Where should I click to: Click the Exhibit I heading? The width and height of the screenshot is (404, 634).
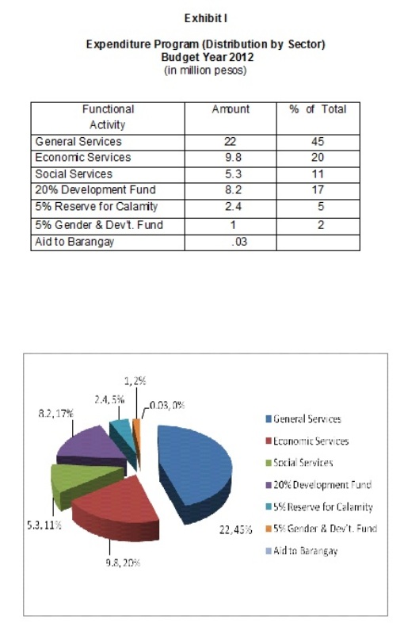tap(206, 18)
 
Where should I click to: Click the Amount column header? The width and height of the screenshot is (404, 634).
tap(231, 109)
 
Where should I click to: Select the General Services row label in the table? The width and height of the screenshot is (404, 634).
tap(78, 142)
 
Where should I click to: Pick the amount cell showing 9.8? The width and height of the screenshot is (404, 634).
tap(233, 157)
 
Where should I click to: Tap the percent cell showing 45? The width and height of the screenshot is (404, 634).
tap(318, 142)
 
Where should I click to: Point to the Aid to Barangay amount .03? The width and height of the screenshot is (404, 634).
tap(239, 242)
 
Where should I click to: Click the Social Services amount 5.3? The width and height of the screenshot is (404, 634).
tap(233, 174)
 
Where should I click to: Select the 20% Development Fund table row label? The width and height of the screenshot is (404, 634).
tap(95, 189)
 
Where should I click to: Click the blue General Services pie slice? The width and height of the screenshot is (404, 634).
tap(195, 465)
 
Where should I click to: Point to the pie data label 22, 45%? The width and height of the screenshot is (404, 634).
tap(235, 529)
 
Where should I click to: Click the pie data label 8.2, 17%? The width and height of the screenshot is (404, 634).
tap(55, 413)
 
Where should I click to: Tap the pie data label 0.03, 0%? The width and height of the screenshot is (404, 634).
tap(167, 405)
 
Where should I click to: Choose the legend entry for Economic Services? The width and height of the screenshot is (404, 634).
tap(307, 441)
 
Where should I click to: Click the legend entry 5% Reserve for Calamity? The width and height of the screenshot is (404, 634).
tap(319, 507)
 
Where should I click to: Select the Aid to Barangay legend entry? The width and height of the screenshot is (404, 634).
tap(301, 551)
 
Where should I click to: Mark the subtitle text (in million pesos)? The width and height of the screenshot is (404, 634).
tap(205, 71)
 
